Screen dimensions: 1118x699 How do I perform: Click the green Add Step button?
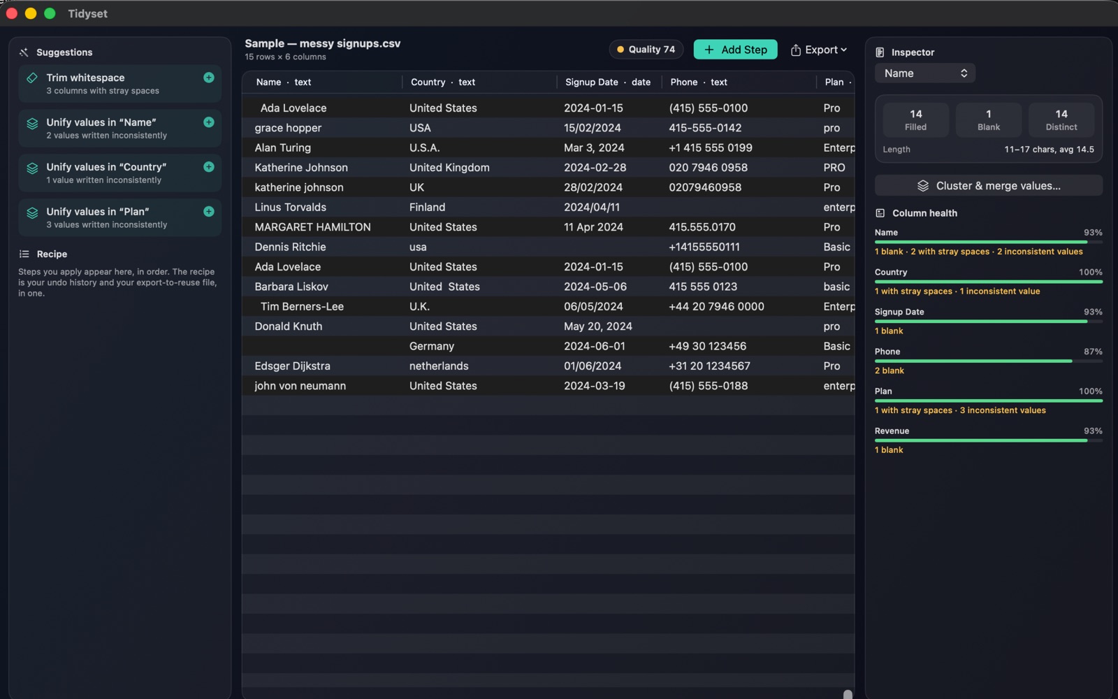(735, 50)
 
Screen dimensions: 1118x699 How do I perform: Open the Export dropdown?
(818, 50)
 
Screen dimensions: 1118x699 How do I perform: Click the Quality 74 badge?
(646, 50)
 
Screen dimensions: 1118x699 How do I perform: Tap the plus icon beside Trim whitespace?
(209, 78)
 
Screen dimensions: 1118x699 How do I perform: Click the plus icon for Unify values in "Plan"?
(209, 211)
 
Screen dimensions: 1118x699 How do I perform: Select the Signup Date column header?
(607, 82)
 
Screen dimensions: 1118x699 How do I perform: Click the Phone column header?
(698, 82)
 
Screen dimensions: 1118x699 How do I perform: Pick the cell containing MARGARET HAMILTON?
(312, 227)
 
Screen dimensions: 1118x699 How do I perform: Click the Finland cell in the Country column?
(427, 207)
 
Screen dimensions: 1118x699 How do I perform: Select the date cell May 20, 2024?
(598, 326)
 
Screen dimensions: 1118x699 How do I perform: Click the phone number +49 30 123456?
(707, 346)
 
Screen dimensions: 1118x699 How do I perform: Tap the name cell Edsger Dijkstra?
(293, 366)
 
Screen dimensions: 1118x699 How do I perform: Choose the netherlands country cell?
(439, 366)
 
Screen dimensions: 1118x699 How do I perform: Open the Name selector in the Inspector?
(925, 73)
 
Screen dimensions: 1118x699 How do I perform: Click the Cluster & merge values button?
(988, 186)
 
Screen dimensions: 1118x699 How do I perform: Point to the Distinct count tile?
(1061, 120)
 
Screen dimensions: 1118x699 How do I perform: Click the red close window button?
(12, 13)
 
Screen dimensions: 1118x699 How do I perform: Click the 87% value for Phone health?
(1093, 352)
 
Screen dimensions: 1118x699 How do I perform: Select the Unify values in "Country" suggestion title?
(106, 167)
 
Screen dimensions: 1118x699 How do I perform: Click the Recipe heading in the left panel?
(52, 254)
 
